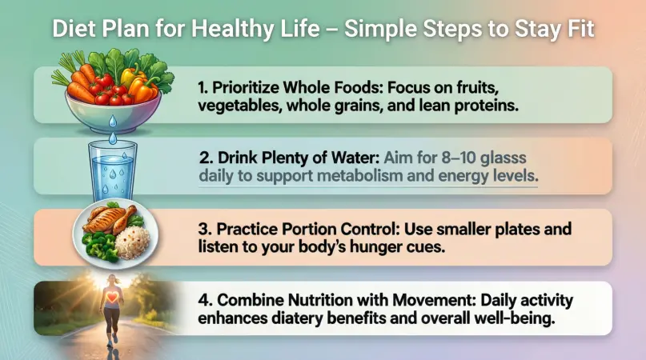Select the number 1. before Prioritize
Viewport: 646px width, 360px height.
click(x=203, y=87)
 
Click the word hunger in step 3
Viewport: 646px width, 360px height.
click(x=381, y=246)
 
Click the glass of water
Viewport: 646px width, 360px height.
click(x=113, y=171)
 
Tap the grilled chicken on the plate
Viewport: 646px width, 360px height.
click(x=109, y=219)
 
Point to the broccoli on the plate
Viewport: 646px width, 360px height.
click(x=99, y=246)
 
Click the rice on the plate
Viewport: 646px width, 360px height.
click(x=133, y=242)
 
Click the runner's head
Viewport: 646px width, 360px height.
click(x=113, y=280)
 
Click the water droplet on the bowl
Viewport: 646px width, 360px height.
click(x=113, y=121)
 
